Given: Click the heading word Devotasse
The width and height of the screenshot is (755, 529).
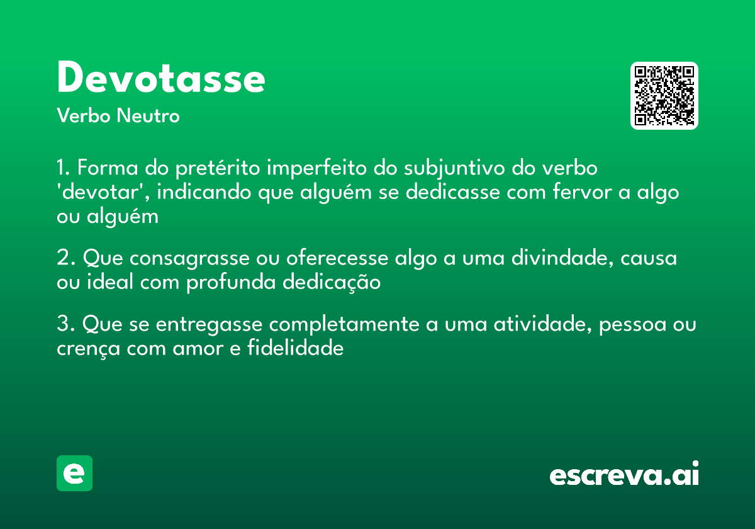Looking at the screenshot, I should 161,78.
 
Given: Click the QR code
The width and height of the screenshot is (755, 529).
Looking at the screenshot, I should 664,96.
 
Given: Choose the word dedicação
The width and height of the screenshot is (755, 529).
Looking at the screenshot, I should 332,282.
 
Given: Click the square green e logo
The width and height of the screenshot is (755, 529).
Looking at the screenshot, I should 74,473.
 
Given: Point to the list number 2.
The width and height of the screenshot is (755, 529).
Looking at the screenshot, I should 65,258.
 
